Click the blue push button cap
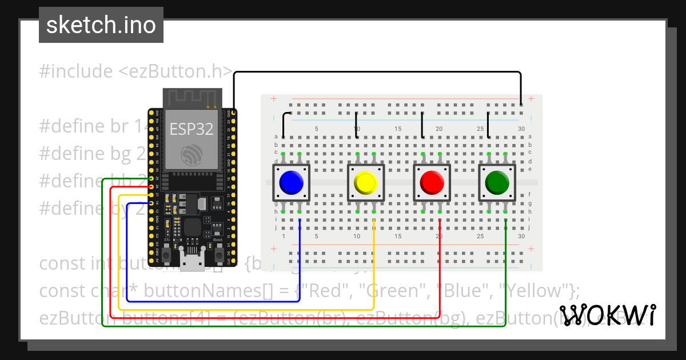pyautogui.click(x=291, y=183)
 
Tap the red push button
pyautogui.click(x=432, y=183)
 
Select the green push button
pyautogui.click(x=497, y=183)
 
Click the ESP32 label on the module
pyautogui.click(x=192, y=129)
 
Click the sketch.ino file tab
pyautogui.click(x=101, y=25)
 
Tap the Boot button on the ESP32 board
pyautogui.click(x=218, y=254)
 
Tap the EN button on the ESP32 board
pyautogui.click(x=167, y=254)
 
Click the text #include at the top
pyautogui.click(x=75, y=71)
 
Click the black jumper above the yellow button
pyautogui.click(x=357, y=124)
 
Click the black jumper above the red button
pyautogui.click(x=422, y=125)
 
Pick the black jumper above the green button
pyautogui.click(x=488, y=125)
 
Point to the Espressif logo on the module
pyautogui.click(x=192, y=155)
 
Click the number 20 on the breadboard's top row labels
pyautogui.click(x=439, y=129)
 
